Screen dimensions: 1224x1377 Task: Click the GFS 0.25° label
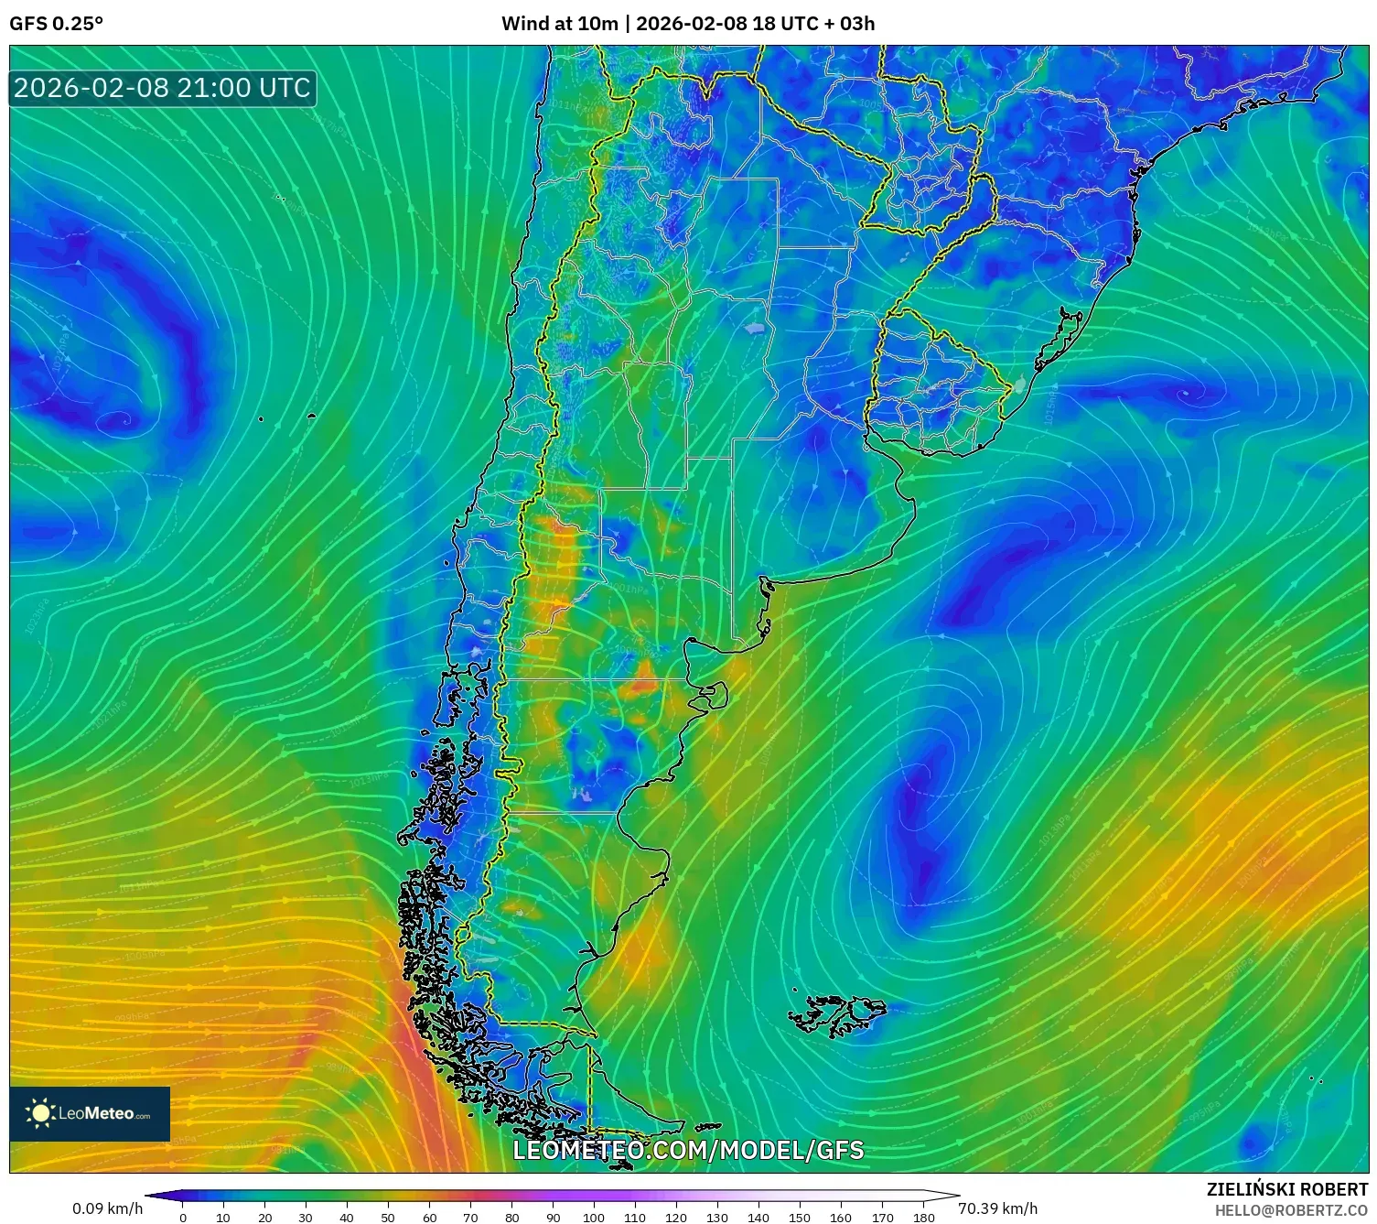point(56,24)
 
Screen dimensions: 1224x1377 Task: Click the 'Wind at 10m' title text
point(559,24)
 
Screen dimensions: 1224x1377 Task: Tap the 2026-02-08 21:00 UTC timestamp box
point(162,88)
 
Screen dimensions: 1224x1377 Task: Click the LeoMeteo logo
point(90,1113)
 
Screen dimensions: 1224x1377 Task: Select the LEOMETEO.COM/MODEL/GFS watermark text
point(688,1150)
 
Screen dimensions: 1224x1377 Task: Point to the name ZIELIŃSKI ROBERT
point(1286,1189)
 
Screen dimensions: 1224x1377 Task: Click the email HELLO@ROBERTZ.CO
point(1290,1210)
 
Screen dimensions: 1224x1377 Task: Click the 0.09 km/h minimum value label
point(108,1208)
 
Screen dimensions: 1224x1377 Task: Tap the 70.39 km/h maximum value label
point(997,1208)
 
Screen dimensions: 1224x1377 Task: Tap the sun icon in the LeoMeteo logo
point(40,1113)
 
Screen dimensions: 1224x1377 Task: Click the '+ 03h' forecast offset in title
point(850,24)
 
